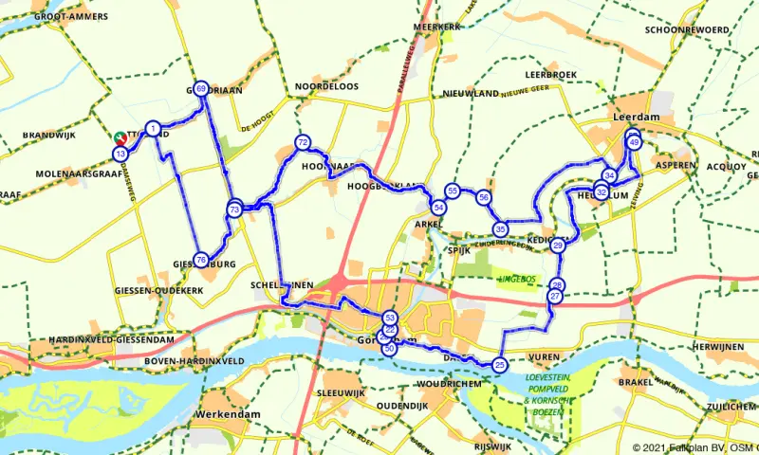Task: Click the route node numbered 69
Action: tap(201, 88)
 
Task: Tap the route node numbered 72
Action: tap(303, 143)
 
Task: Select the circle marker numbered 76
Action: tap(201, 260)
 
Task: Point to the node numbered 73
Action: tap(234, 209)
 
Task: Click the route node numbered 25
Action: tap(500, 364)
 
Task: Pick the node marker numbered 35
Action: tap(500, 228)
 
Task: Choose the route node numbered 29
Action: tap(558, 246)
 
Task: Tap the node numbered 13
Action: tap(120, 154)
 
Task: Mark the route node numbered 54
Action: tap(438, 207)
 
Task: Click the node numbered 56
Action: tap(484, 197)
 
